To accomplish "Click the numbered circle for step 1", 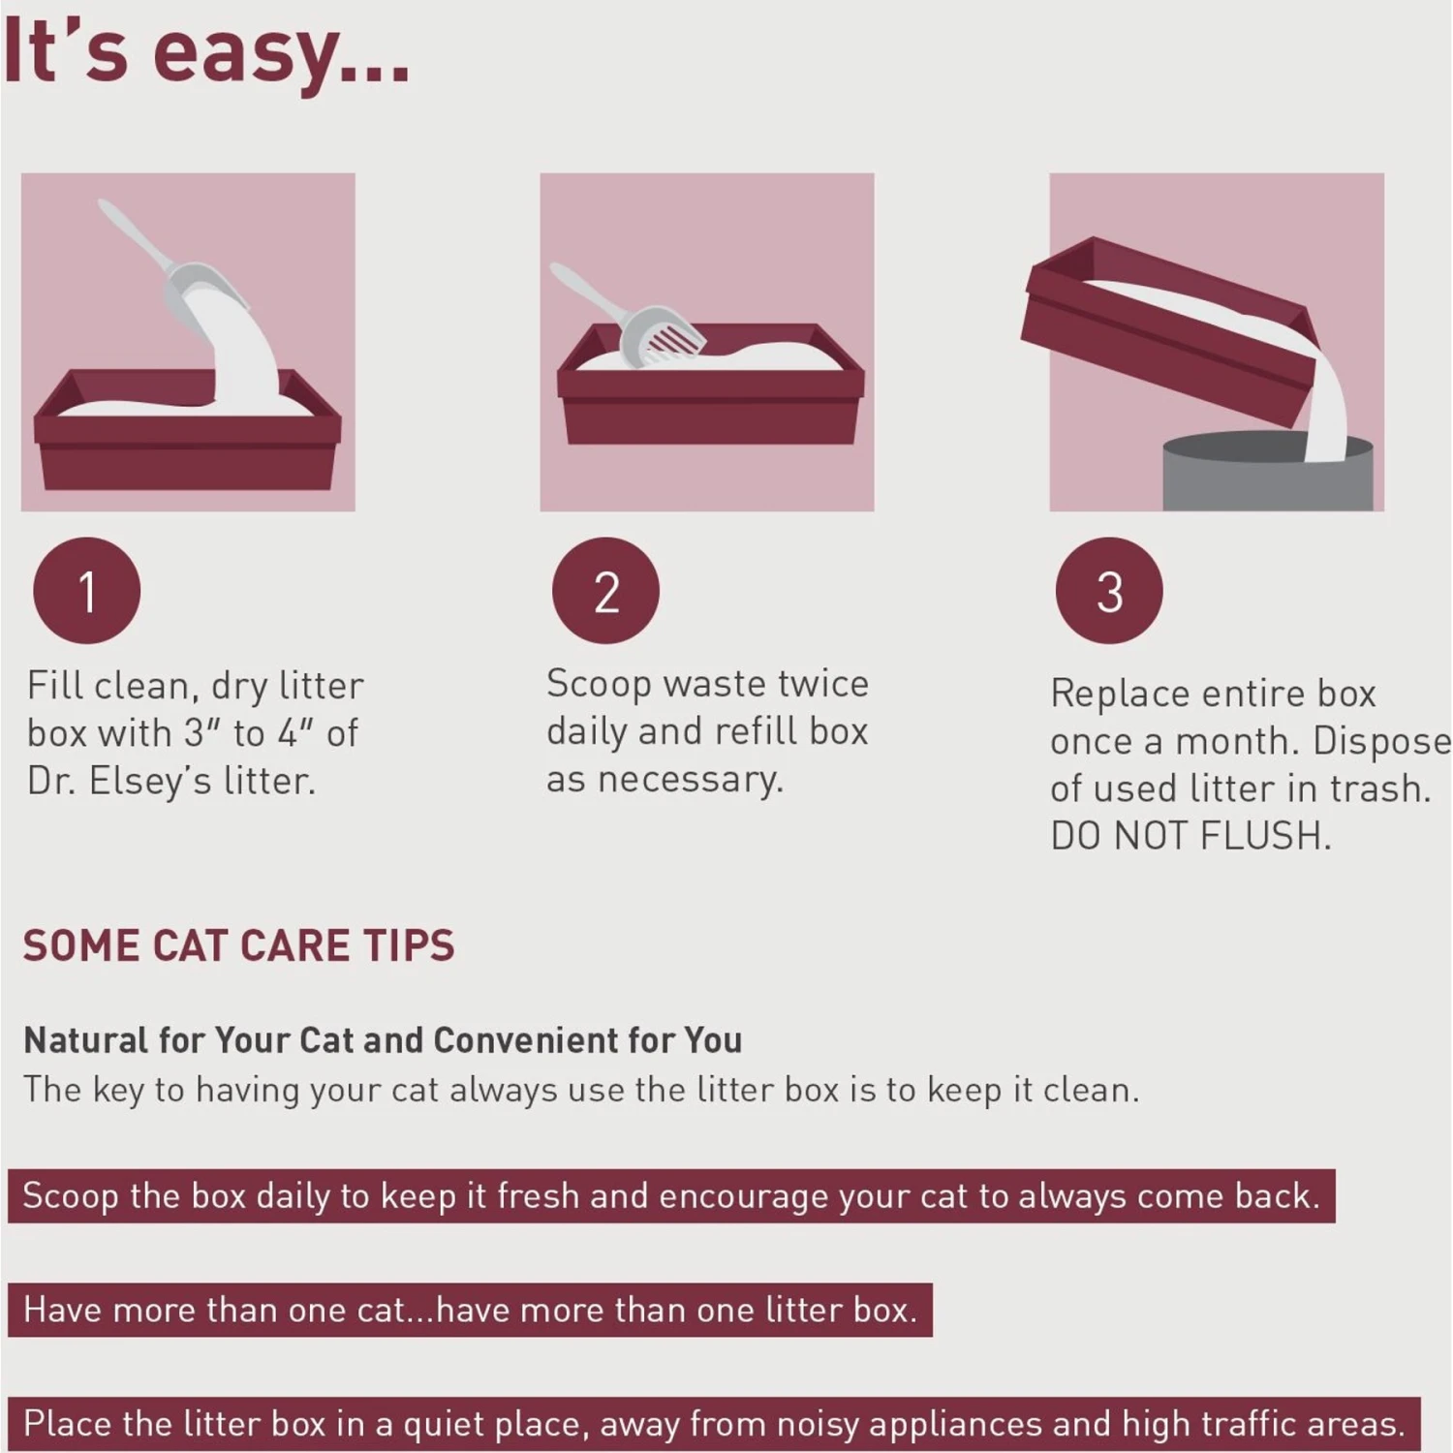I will coord(87,591).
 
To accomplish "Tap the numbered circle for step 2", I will coord(605,591).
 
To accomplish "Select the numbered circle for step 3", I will coord(1109,591).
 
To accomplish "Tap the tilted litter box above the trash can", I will coord(1162,329).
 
